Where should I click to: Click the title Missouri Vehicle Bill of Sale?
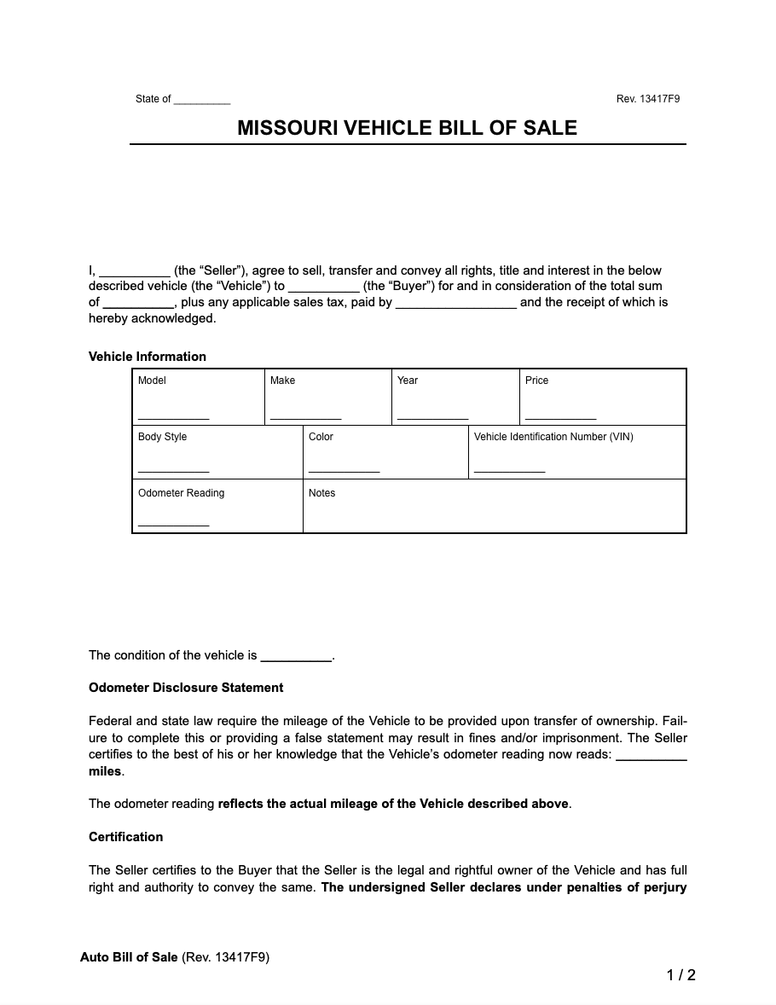pos(407,128)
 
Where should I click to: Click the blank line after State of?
pos(202,101)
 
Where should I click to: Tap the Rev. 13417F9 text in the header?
pos(647,99)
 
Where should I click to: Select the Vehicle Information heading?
pos(148,357)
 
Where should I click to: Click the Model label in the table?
pos(152,381)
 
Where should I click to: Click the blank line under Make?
pos(305,417)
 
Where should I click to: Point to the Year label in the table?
pos(408,381)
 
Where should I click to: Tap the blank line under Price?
pos(560,417)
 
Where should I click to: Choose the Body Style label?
pos(162,437)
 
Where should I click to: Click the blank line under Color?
pos(344,470)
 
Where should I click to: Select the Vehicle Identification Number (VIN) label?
pos(553,437)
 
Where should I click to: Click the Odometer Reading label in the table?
pos(181,493)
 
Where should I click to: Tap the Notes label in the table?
pos(321,493)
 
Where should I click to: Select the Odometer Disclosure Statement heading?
pos(186,688)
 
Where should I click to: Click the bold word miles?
pos(105,771)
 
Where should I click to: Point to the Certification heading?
pos(125,837)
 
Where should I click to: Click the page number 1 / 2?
pos(680,975)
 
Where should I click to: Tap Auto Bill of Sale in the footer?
pos(129,957)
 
